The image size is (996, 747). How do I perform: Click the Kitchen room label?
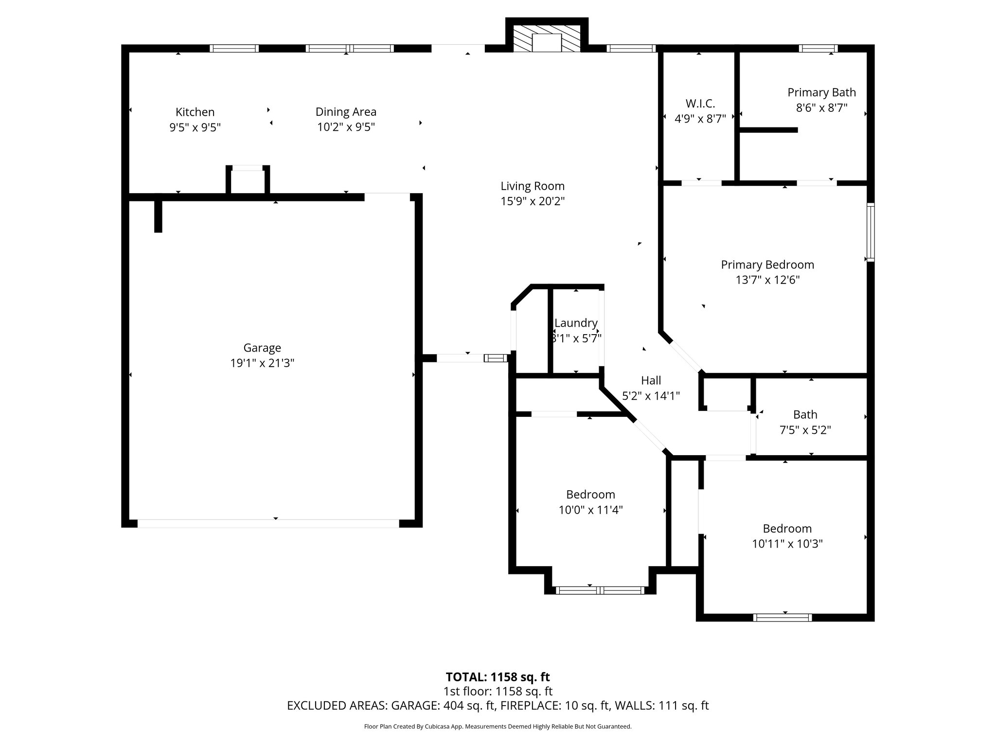[x=195, y=112]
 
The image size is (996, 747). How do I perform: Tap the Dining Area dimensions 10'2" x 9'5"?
[x=346, y=127]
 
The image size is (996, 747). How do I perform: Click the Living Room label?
[x=533, y=186]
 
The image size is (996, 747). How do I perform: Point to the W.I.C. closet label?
[x=700, y=103]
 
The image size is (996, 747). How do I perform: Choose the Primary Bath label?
[x=821, y=92]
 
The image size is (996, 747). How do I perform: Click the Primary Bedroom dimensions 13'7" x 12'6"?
[x=767, y=280]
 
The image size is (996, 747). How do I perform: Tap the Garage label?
[x=262, y=348]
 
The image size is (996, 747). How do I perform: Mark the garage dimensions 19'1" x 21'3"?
[x=262, y=363]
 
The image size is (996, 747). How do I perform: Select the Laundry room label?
[x=576, y=323]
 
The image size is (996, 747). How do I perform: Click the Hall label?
[x=651, y=380]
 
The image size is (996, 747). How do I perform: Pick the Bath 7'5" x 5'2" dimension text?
[x=805, y=430]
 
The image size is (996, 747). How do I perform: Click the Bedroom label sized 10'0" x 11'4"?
[x=590, y=495]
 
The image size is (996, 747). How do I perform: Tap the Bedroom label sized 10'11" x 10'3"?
[x=787, y=528]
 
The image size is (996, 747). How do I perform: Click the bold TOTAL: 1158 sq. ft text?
[x=498, y=677]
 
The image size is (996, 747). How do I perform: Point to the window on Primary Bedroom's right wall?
[x=871, y=232]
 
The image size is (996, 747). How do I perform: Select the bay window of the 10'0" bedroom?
[x=600, y=590]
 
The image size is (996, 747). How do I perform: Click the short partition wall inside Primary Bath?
[x=768, y=130]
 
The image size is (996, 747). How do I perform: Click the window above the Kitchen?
[x=234, y=48]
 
